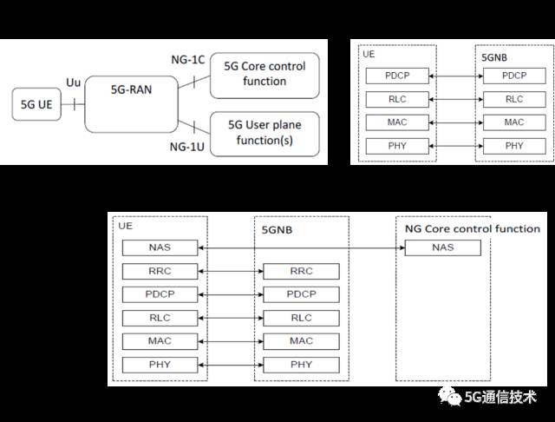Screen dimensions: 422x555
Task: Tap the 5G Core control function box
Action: (264, 74)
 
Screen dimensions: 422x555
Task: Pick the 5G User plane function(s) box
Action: (264, 133)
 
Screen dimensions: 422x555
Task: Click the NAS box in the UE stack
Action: (160, 247)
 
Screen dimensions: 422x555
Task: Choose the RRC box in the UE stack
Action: (160, 271)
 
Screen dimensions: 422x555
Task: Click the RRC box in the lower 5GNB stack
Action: (301, 271)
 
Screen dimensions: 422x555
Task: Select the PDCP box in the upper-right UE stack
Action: (397, 76)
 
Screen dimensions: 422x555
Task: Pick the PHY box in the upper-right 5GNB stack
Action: (514, 145)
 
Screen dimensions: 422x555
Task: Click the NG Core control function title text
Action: (472, 229)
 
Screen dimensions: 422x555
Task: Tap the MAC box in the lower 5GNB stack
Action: (301, 341)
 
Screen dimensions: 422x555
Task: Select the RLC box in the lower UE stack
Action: (160, 318)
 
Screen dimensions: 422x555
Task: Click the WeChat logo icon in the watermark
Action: (450, 398)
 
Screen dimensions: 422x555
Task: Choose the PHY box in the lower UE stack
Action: (160, 365)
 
